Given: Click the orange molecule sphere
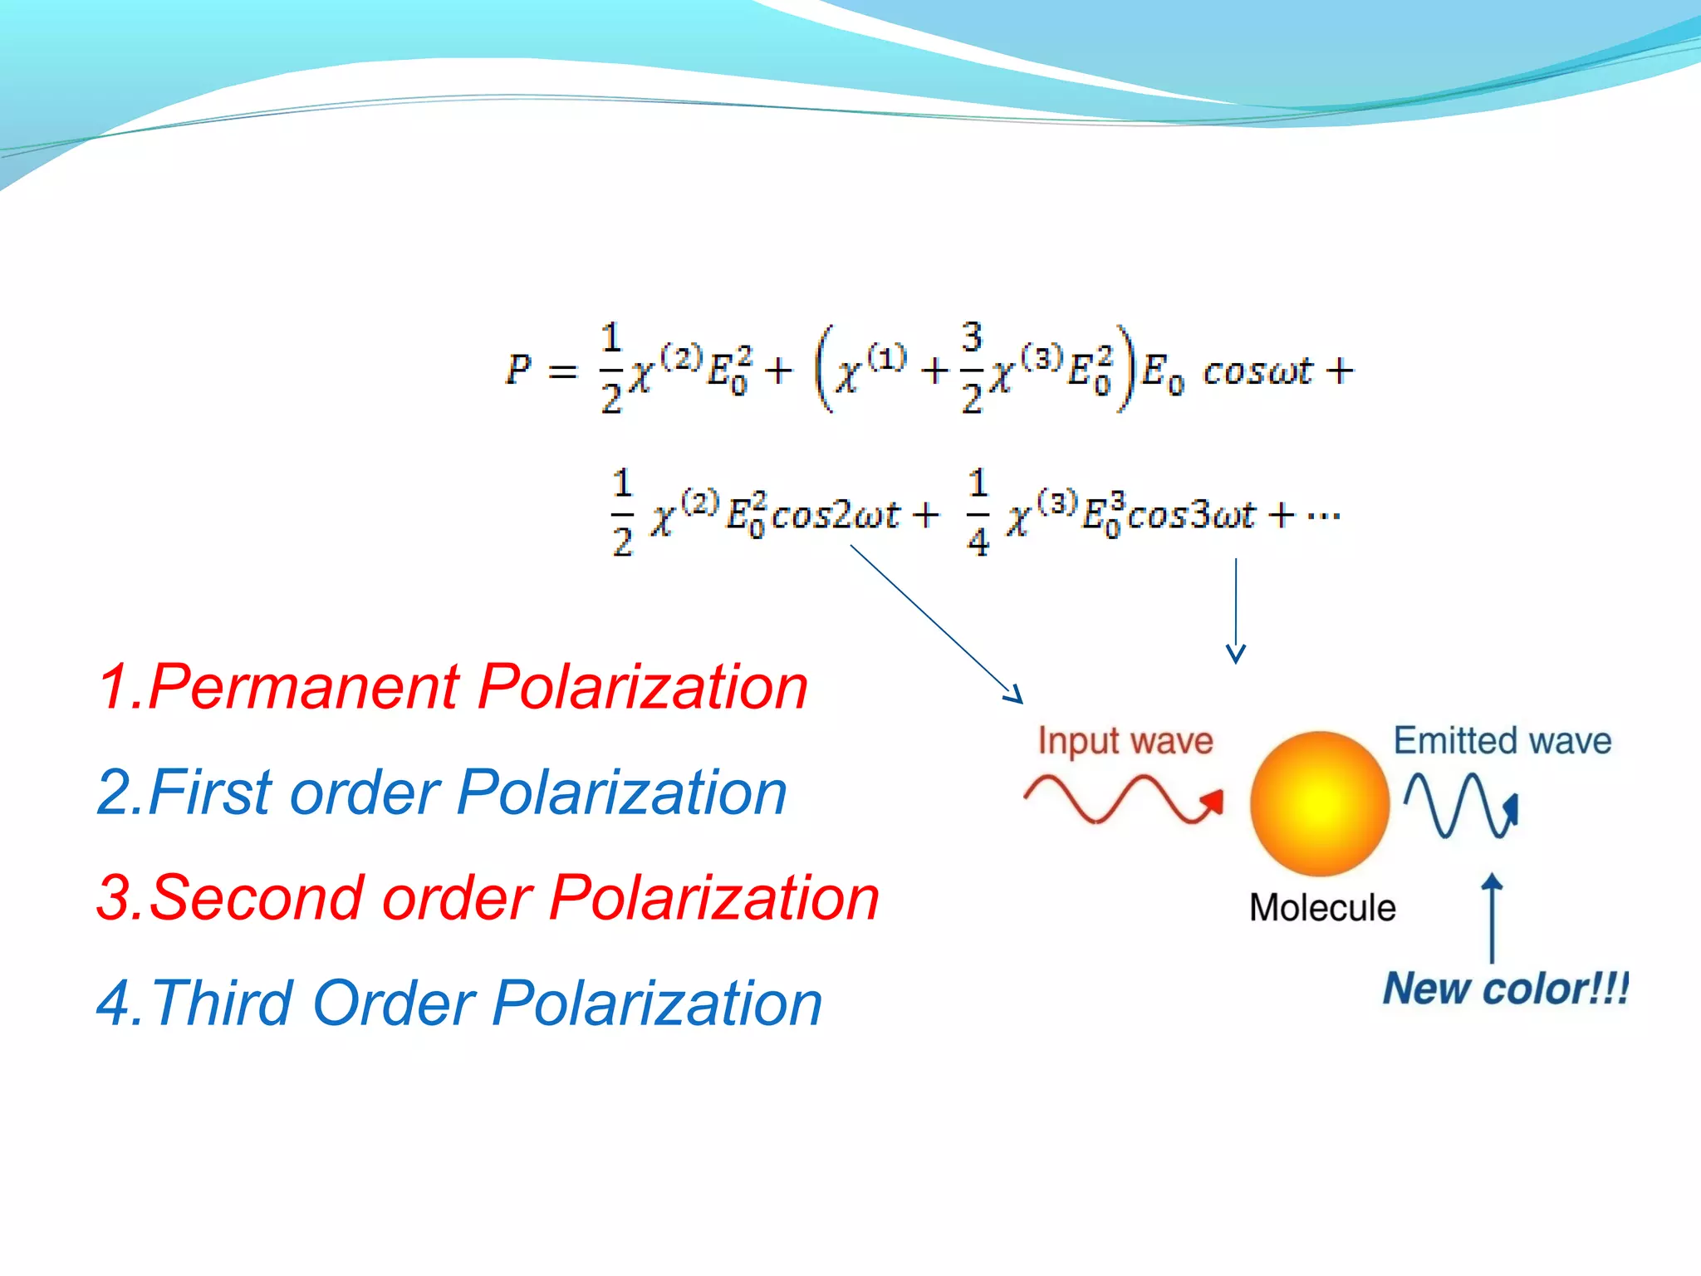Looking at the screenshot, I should [x=1319, y=803].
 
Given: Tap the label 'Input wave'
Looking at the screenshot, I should [x=1125, y=740].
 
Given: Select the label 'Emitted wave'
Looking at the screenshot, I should [x=1502, y=740].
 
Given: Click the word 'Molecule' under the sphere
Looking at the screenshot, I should [x=1322, y=907].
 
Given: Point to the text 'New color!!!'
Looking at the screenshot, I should [x=1505, y=989].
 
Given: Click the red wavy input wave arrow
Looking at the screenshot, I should [x=1121, y=799].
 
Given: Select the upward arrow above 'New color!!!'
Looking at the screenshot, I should [x=1493, y=918].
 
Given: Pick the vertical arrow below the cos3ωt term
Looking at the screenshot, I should [x=1236, y=611].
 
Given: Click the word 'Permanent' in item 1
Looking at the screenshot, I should [x=303, y=688].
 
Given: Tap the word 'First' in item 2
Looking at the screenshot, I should [x=211, y=793].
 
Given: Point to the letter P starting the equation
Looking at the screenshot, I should [x=518, y=369].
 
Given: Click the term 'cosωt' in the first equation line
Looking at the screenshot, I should [x=1257, y=371].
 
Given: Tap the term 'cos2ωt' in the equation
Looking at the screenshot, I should [x=835, y=515].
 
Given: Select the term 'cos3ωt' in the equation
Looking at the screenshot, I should [x=1189, y=515].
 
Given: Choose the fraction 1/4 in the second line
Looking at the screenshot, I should [x=978, y=513].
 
